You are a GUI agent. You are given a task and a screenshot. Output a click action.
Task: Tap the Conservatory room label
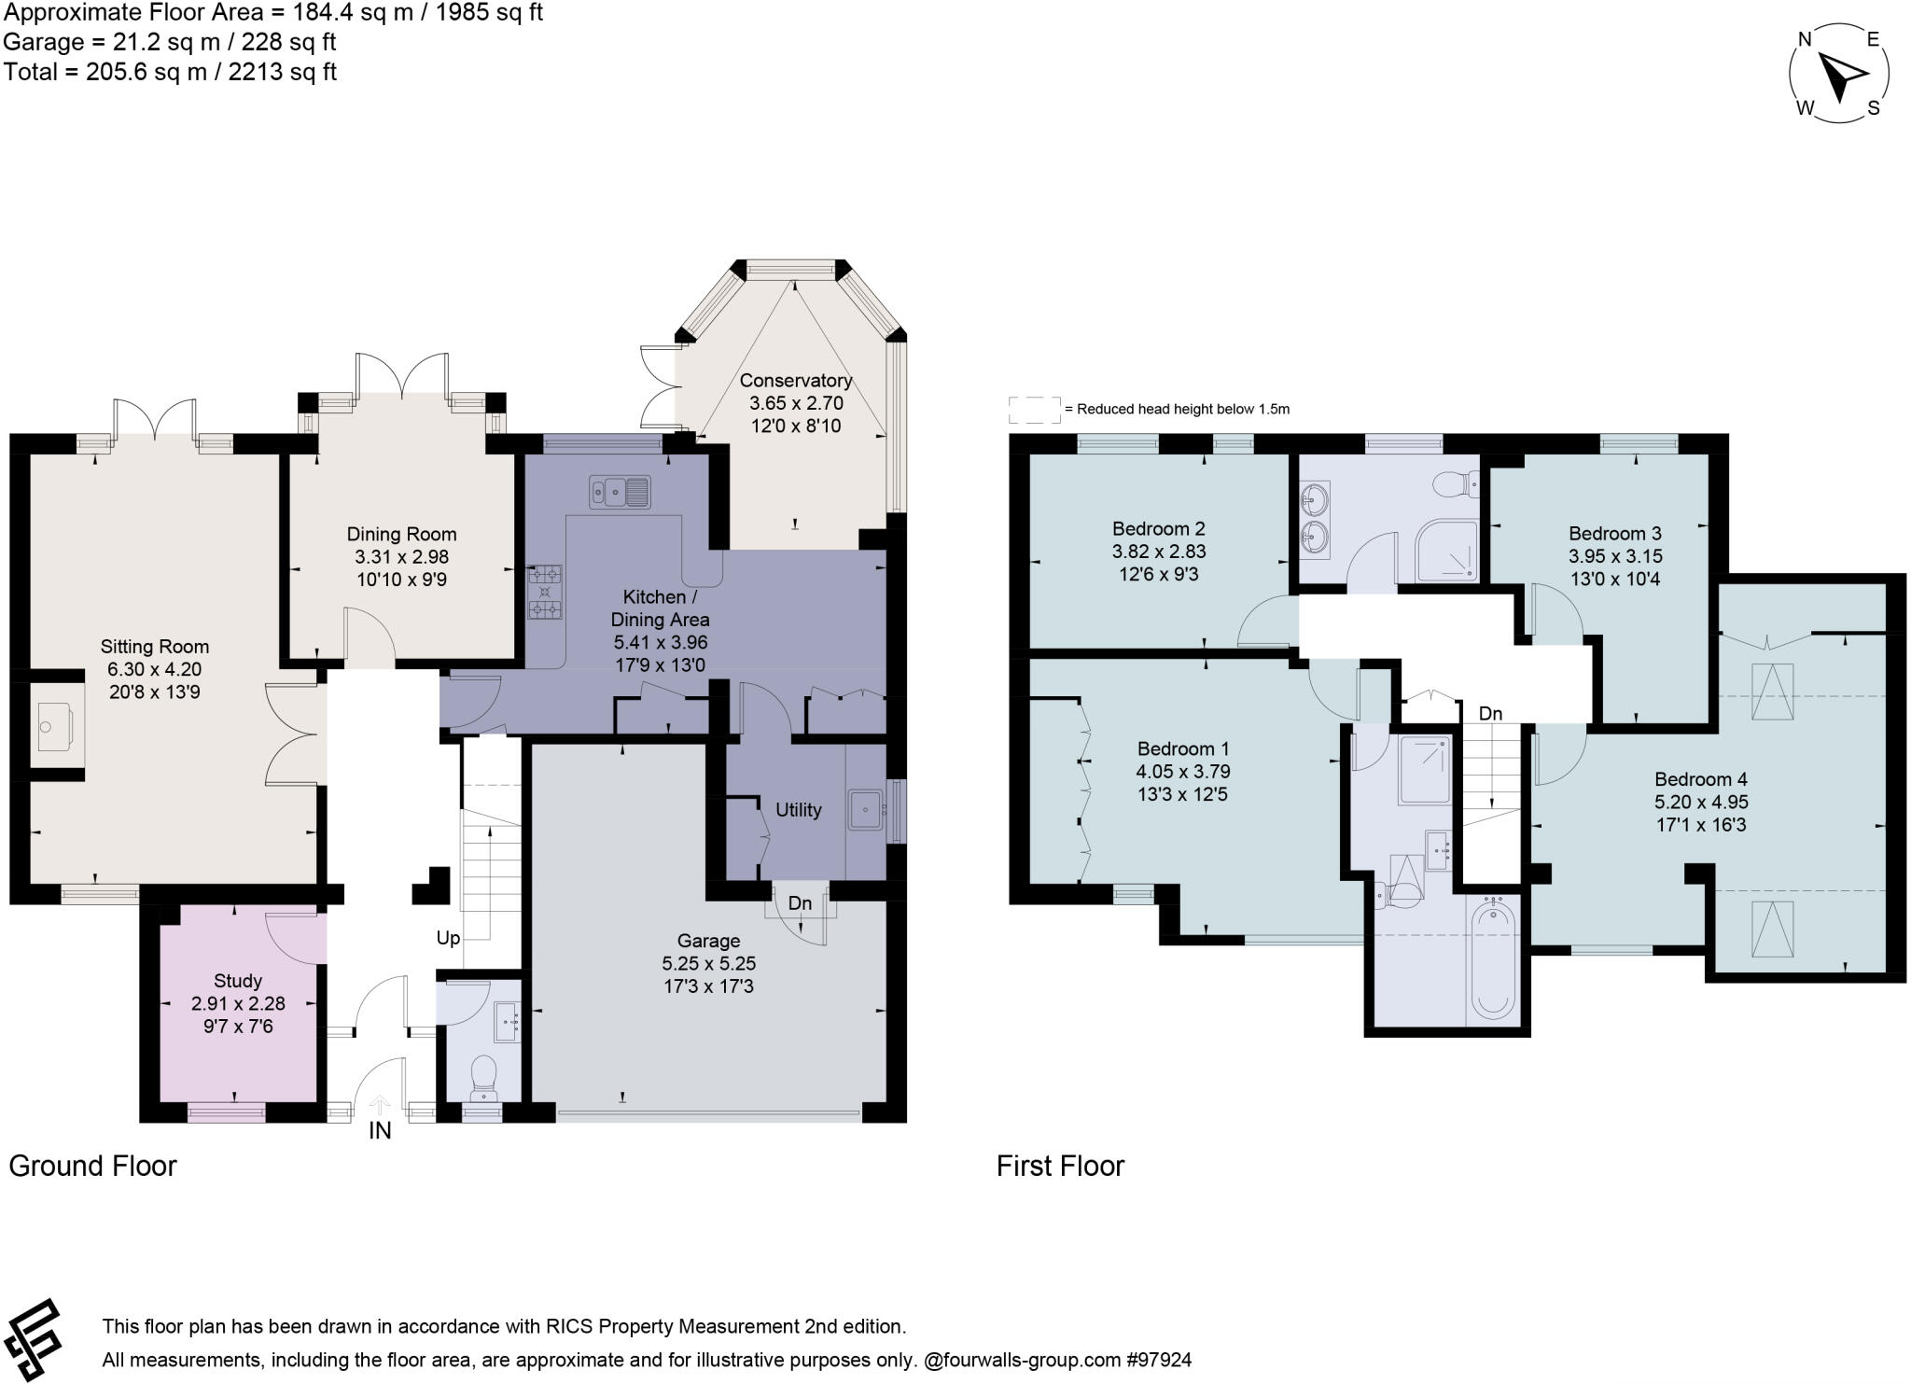pos(795,381)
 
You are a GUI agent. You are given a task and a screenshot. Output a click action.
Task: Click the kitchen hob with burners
pos(546,591)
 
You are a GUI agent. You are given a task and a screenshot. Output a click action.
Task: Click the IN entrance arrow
pos(380,1106)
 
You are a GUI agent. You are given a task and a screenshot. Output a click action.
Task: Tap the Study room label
pos(238,981)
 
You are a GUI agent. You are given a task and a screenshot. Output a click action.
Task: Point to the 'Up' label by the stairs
pos(448,938)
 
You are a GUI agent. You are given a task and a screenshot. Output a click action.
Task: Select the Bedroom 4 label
pos(1701,779)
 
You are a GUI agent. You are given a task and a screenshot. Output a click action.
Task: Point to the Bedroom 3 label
pos(1614,534)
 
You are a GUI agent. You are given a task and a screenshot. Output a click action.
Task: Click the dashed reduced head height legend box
pos(1035,409)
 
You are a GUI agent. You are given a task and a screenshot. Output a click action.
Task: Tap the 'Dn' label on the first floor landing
pos(1490,714)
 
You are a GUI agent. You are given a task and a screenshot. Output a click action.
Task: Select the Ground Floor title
pos(92,1166)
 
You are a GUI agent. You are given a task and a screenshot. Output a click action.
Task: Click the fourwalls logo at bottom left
pos(34,1339)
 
